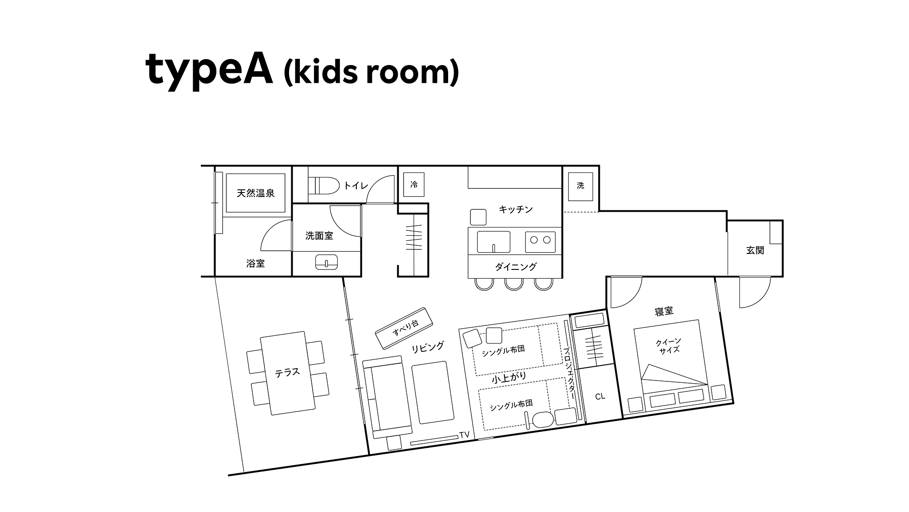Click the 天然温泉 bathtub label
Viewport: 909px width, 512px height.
[256, 193]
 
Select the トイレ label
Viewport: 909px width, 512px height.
[356, 185]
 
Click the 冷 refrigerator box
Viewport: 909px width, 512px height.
[414, 185]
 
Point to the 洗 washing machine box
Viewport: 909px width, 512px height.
[581, 186]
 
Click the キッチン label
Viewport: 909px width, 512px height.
[515, 209]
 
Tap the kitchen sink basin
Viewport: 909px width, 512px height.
[494, 241]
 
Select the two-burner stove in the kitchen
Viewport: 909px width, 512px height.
[540, 242]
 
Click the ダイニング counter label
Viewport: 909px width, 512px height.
[516, 267]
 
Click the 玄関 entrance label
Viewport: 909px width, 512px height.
[755, 250]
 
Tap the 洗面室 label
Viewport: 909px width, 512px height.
[319, 236]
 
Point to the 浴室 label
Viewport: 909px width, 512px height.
[255, 264]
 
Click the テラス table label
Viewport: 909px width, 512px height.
[287, 373]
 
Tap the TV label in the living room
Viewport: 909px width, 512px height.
[464, 435]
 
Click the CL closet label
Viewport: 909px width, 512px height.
[600, 396]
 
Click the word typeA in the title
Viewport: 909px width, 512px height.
[209, 71]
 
